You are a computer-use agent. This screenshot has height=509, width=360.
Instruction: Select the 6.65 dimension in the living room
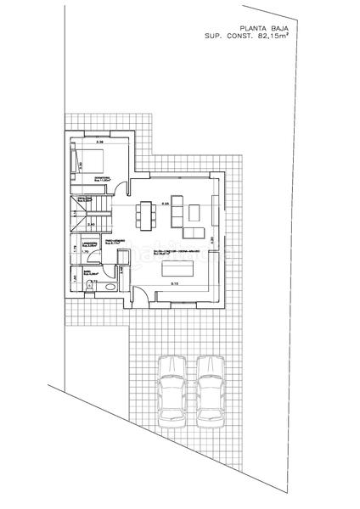166,204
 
